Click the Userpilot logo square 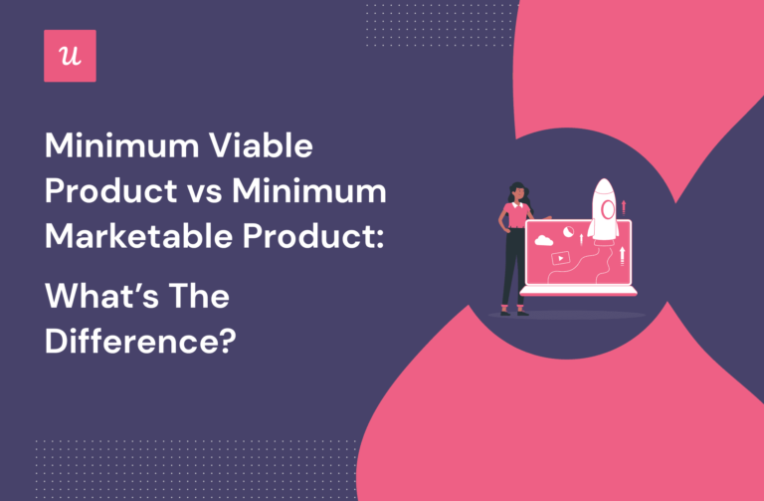pos(71,56)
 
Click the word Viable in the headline pos(262,148)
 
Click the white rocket pos(603,211)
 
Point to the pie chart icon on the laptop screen pos(568,230)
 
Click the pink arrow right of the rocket pos(624,206)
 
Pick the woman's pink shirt pos(517,216)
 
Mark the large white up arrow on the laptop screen pos(622,256)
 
